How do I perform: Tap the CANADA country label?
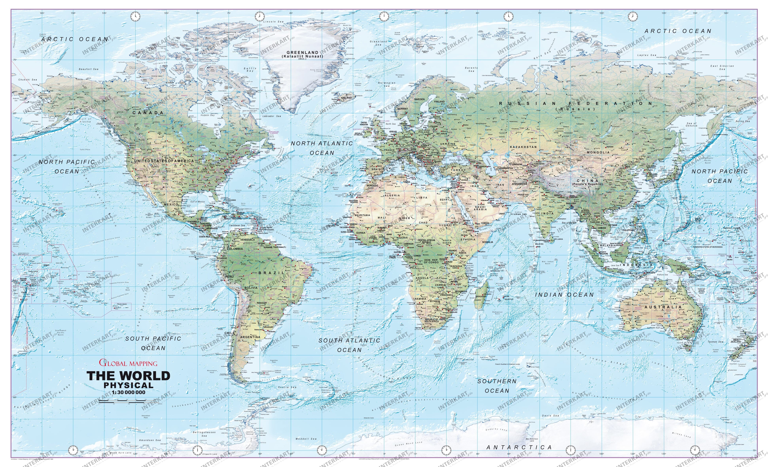tap(148, 113)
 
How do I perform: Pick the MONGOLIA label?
tap(598, 153)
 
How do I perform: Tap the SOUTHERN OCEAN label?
tap(497, 386)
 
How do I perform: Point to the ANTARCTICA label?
tap(519, 447)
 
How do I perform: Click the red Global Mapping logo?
tap(128, 363)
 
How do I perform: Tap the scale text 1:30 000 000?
tap(128, 392)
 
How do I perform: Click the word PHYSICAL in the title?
tap(128, 385)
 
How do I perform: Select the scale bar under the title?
tap(128, 402)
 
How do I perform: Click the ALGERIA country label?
tap(392, 196)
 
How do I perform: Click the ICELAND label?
tap(346, 98)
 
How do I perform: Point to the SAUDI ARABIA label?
tap(480, 208)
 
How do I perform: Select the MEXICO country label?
tap(171, 204)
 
